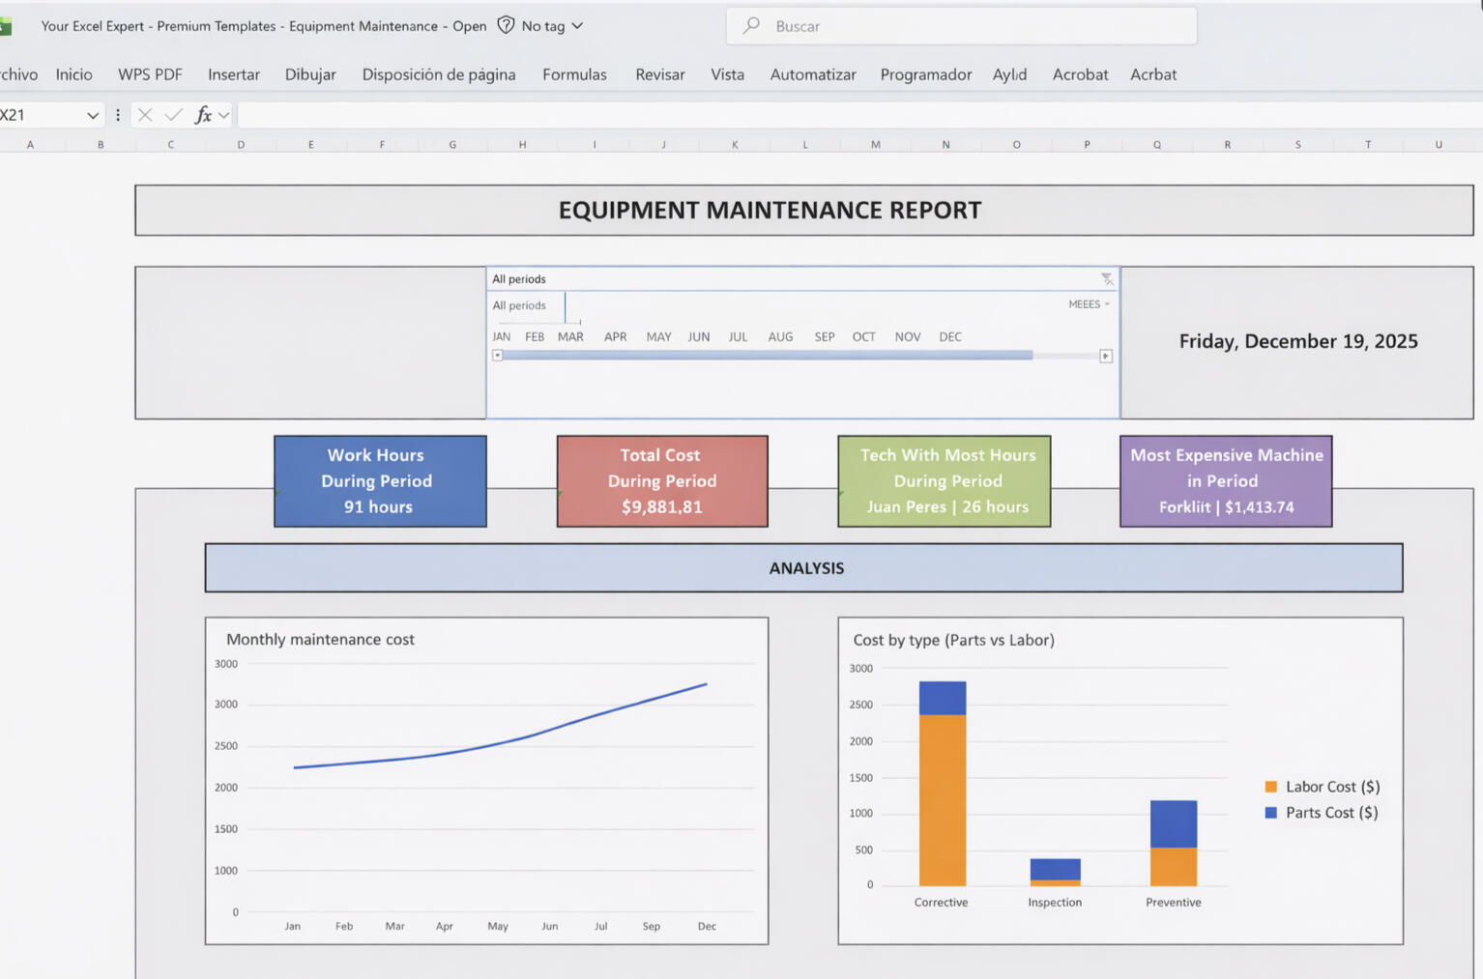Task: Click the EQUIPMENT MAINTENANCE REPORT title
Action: [x=770, y=210]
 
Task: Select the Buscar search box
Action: [x=961, y=26]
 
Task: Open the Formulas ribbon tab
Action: [x=574, y=74]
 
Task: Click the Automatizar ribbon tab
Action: [x=812, y=74]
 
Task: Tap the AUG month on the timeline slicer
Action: [x=780, y=336]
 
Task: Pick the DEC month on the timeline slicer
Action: [x=949, y=336]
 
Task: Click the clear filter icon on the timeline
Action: [x=1106, y=279]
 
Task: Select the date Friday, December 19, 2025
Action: [x=1297, y=341]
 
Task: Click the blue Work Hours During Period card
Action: [x=380, y=480]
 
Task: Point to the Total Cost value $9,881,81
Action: [x=662, y=506]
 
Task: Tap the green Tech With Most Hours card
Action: [x=944, y=480]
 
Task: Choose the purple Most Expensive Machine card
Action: [x=1226, y=480]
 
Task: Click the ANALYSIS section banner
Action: [x=804, y=568]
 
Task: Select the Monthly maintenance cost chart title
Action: [x=320, y=639]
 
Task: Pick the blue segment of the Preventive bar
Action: [x=1173, y=823]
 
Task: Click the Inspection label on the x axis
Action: [x=1054, y=902]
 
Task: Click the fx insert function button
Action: [x=203, y=115]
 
